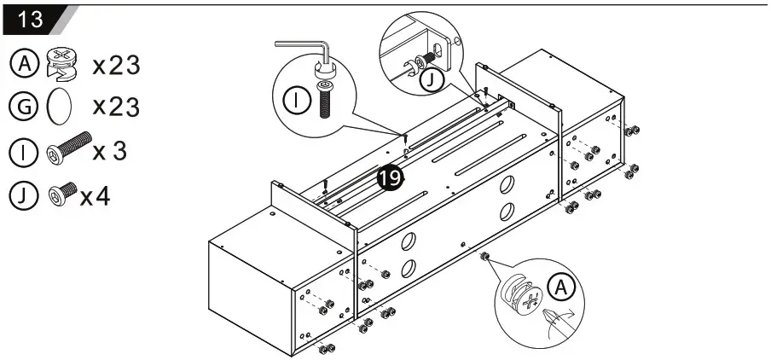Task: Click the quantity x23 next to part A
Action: [x=116, y=64]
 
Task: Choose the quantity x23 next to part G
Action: [x=116, y=107]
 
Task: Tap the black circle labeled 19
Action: [x=390, y=177]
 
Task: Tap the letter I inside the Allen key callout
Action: [x=295, y=101]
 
